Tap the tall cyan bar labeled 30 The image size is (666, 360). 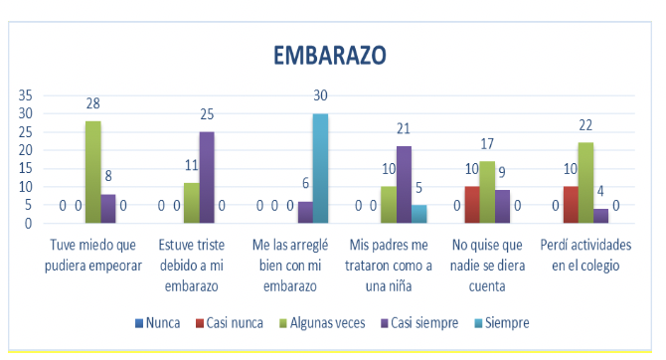[x=321, y=168]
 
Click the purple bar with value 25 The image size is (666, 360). [x=207, y=177]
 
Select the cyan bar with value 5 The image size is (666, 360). [x=420, y=214]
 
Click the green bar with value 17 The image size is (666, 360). [x=488, y=192]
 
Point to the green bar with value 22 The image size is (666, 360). [x=587, y=183]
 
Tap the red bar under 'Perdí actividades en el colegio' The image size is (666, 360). [x=572, y=205]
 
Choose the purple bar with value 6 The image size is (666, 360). [x=305, y=212]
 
